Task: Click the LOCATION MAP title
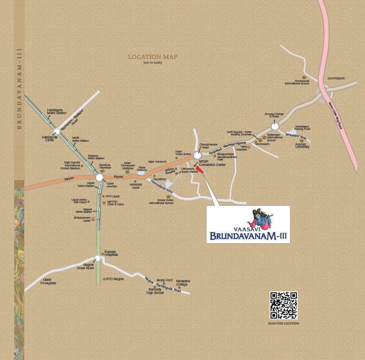tap(153, 57)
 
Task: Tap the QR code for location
tap(283, 305)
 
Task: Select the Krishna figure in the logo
tap(260, 220)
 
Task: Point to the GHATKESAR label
tap(336, 78)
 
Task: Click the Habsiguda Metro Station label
tap(56, 111)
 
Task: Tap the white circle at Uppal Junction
tap(100, 178)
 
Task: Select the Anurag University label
tap(302, 146)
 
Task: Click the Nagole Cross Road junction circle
tap(97, 258)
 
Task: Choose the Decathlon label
tap(160, 179)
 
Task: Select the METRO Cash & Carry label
tap(115, 203)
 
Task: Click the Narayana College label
tap(182, 282)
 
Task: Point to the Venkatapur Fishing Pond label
tap(303, 127)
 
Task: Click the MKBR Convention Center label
tap(212, 163)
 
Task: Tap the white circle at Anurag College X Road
tap(275, 126)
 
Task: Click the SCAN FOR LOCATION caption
tap(283, 323)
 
